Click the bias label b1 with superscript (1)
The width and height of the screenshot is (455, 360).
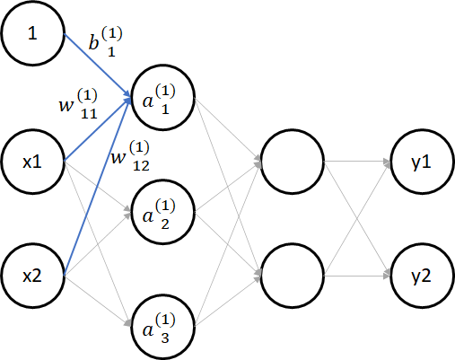click(x=106, y=41)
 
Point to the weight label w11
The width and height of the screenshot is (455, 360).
click(x=78, y=104)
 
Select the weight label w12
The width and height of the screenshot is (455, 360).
click(x=130, y=156)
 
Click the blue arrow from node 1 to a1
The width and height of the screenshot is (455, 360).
click(x=98, y=66)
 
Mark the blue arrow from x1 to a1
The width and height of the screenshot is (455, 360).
click(x=98, y=129)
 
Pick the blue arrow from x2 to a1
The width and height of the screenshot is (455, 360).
click(x=98, y=187)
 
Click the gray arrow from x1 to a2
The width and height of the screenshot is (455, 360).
click(x=98, y=187)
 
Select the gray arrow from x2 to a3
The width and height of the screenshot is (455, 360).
click(x=98, y=301)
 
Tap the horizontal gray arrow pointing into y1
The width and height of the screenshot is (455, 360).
click(x=357, y=162)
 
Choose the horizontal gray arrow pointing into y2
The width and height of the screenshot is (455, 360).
click(x=357, y=276)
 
